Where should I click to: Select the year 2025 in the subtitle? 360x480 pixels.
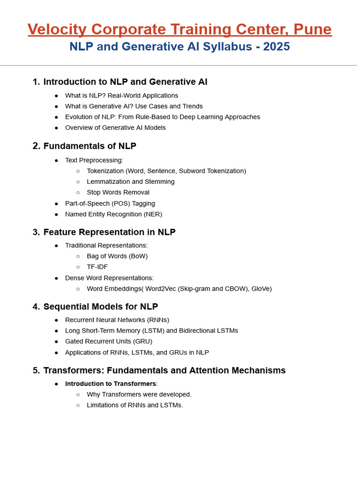[277, 47]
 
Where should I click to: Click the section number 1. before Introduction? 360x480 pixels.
[36, 82]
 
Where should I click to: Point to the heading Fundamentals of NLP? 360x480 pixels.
[90, 146]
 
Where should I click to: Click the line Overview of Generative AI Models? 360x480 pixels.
[115, 127]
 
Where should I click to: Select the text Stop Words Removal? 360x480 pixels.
[118, 192]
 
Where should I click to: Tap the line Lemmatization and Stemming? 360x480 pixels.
[130, 181]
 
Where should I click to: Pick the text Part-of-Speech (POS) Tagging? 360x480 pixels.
[110, 203]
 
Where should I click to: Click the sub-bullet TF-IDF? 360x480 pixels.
[97, 267]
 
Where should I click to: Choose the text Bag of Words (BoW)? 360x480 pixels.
[117, 256]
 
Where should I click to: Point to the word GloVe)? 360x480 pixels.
[261, 289]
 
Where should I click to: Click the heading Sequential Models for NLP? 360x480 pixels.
[101, 307]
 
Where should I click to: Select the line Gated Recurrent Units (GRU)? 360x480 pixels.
[109, 341]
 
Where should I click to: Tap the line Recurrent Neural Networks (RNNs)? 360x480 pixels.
[117, 320]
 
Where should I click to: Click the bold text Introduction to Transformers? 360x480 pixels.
[111, 383]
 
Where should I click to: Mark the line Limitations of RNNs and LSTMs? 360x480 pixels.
[135, 405]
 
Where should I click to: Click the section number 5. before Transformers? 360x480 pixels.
[36, 370]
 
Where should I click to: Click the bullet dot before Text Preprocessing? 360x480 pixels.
[56, 160]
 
